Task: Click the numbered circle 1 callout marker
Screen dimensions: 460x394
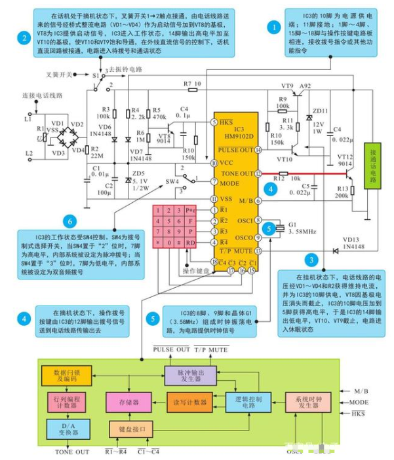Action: click(275, 27)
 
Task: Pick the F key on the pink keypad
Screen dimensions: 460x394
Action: click(191, 221)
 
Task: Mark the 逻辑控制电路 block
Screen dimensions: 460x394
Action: click(245, 401)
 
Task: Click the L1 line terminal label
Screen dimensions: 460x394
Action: click(27, 120)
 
